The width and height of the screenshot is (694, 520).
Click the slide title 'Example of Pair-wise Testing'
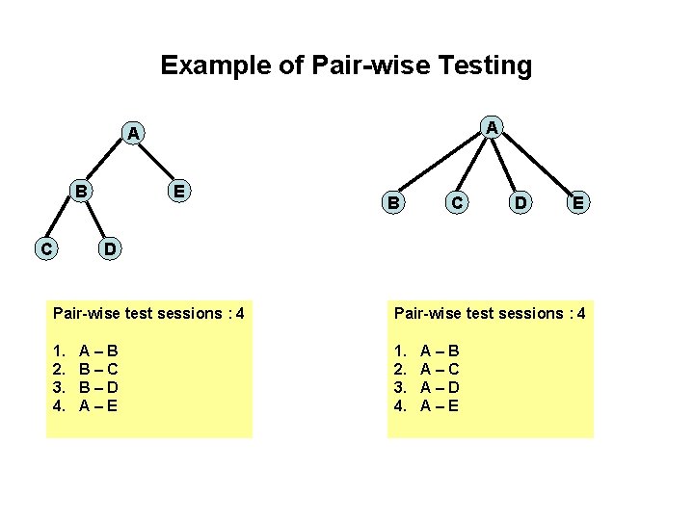(x=346, y=65)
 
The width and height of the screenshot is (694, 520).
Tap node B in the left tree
(x=83, y=191)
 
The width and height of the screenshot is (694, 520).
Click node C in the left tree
(x=44, y=248)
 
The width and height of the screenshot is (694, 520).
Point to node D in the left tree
(x=111, y=248)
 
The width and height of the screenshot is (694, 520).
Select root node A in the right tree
(x=492, y=127)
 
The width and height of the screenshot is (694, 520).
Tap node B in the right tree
(x=392, y=202)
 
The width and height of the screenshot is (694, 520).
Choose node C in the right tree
(x=457, y=202)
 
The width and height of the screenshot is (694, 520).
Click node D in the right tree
(x=520, y=202)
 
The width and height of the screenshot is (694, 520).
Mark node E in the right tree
(x=576, y=202)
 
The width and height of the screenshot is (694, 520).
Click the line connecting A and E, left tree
(x=157, y=162)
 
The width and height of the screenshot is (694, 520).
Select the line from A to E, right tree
(x=537, y=164)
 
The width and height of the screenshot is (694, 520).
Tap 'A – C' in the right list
(x=440, y=369)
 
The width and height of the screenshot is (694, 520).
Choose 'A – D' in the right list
(x=440, y=387)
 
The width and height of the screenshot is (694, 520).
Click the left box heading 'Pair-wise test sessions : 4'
(x=148, y=313)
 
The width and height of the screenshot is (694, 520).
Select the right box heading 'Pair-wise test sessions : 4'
(x=489, y=313)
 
